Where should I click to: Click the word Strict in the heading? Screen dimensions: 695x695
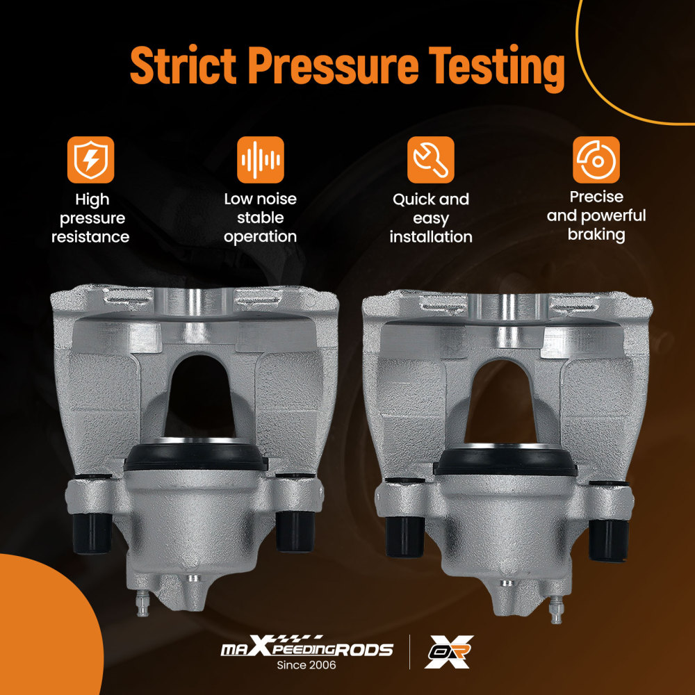click(183, 65)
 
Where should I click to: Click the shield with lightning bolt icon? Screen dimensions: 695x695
click(91, 160)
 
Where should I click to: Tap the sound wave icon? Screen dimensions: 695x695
click(261, 160)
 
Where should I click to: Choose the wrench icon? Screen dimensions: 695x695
click(431, 160)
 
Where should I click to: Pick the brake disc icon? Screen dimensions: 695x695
click(596, 160)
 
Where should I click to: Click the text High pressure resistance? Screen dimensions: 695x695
click(91, 218)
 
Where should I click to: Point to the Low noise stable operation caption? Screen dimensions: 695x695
click(261, 218)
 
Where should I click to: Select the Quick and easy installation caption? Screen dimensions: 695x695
click(431, 218)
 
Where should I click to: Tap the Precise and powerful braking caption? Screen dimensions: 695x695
click(596, 216)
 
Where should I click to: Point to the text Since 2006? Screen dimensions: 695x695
click(306, 665)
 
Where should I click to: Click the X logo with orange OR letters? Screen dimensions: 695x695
click(449, 652)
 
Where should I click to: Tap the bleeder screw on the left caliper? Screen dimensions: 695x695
click(142, 603)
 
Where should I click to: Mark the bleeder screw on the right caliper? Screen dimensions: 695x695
click(556, 610)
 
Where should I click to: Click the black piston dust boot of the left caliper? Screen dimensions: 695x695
click(196, 456)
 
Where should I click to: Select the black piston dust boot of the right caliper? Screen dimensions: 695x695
click(505, 461)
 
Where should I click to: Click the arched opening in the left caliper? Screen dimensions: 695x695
click(199, 395)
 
